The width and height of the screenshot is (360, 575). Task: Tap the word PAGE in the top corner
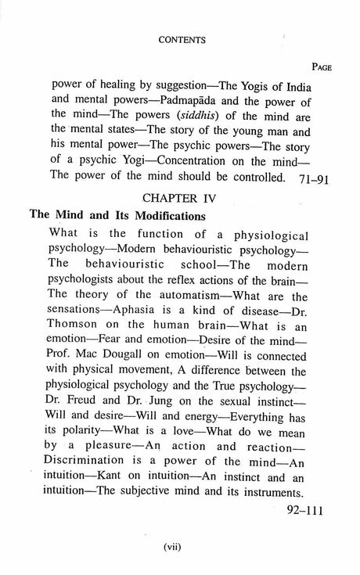(x=318, y=67)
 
